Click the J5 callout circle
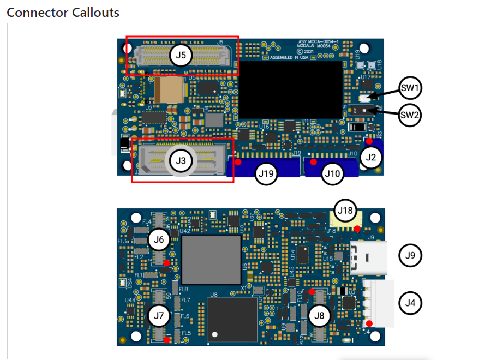tap(181, 55)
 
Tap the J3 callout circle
tap(181, 160)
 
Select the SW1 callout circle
tap(410, 87)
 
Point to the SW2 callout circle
tap(410, 115)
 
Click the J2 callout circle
tap(371, 157)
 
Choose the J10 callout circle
tap(332, 174)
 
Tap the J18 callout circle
tap(346, 209)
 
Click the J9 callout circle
tap(410, 255)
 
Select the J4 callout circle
tap(410, 302)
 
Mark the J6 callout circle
tap(159, 239)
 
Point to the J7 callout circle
tap(159, 315)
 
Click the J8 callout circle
tap(320, 315)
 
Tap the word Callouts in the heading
tap(95, 12)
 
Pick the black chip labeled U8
tap(232, 320)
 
